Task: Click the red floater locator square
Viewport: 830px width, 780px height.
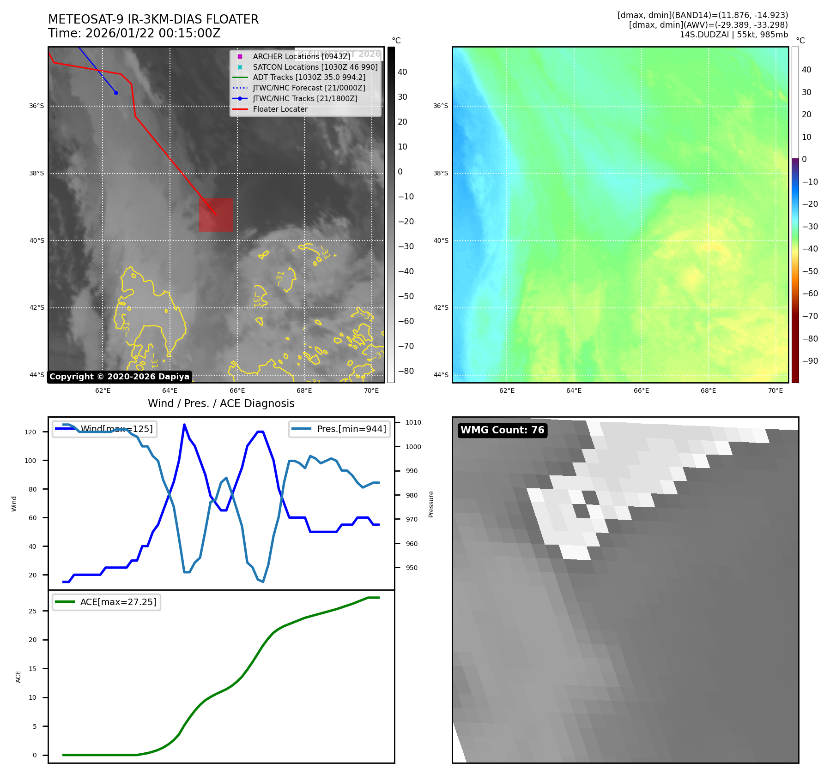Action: [216, 215]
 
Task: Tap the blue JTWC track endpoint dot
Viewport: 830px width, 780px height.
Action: [116, 93]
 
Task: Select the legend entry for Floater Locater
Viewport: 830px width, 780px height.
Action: [280, 109]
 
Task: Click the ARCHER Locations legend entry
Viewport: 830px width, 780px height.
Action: [301, 56]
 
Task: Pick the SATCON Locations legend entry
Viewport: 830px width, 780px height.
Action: [315, 67]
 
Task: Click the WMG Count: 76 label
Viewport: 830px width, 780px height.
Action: [502, 430]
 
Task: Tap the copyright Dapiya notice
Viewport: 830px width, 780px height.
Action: [119, 377]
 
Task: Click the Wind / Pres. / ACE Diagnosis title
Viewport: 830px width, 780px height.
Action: [221, 403]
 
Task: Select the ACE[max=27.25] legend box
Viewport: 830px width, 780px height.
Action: [107, 602]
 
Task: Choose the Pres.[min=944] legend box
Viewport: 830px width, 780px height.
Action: [339, 429]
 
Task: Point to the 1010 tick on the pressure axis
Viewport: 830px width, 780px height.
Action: [413, 422]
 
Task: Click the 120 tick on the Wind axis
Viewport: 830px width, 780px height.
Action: [30, 432]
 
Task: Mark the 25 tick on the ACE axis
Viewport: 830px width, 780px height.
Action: [32, 611]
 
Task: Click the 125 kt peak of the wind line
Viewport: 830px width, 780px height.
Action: [184, 425]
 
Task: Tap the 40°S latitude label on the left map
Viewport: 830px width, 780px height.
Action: [37, 240]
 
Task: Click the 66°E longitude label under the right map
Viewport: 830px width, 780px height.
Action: [641, 390]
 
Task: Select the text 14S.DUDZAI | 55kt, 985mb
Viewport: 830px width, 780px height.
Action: [733, 35]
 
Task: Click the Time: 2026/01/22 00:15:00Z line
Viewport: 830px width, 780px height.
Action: [134, 33]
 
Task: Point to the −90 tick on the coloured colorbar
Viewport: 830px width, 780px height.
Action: [810, 361]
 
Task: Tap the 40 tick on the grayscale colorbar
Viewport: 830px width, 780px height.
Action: [402, 72]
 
